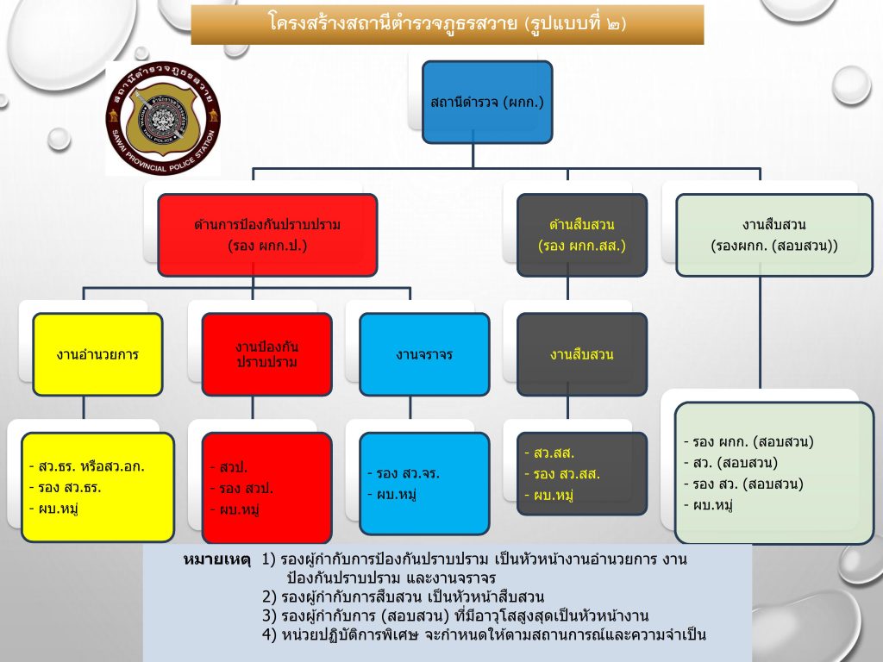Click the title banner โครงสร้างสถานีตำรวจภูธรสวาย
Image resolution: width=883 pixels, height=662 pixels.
[x=447, y=24]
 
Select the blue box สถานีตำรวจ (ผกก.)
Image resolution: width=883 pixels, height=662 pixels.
[x=487, y=103]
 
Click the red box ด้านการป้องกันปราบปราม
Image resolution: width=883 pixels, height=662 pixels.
[x=267, y=234]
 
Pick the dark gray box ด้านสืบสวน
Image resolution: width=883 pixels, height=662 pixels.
[x=581, y=234]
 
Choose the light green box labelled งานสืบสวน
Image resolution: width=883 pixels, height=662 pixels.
[x=773, y=234]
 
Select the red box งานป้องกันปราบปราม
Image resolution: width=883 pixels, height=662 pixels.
[x=266, y=353]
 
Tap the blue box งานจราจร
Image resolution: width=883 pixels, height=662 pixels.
[x=424, y=353]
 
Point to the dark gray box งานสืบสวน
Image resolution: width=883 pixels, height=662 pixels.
[x=581, y=353]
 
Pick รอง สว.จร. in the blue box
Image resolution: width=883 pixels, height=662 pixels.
[x=403, y=473]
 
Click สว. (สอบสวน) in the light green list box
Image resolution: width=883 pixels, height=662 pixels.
[x=730, y=463]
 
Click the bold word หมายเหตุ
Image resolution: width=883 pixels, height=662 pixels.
[x=216, y=559]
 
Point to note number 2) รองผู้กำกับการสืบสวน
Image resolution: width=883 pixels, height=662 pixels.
[x=403, y=596]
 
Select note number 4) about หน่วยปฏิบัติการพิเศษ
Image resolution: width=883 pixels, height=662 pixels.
[x=484, y=635]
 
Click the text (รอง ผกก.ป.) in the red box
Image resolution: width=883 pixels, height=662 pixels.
[x=267, y=245]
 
